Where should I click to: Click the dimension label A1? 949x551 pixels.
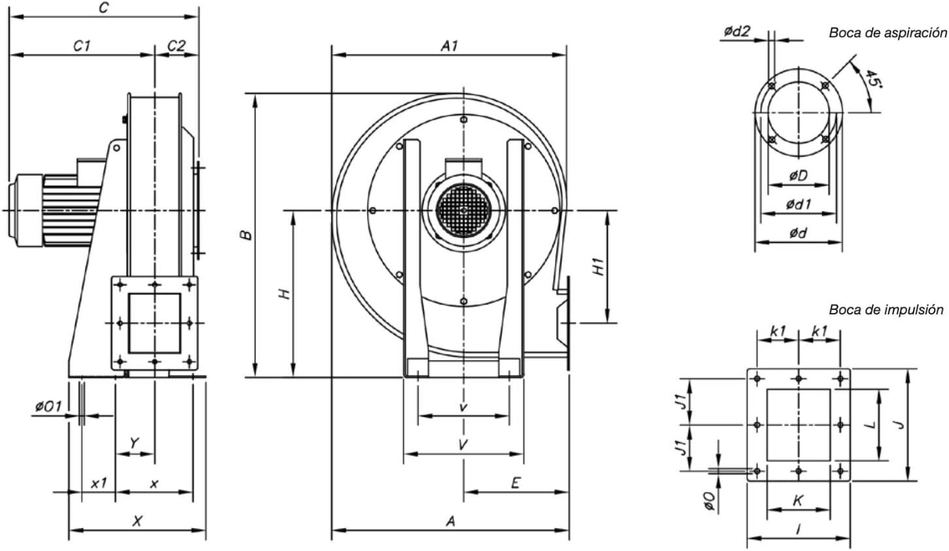(x=449, y=46)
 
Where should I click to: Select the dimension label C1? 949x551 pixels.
(x=81, y=46)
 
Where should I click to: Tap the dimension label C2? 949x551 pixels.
(x=176, y=46)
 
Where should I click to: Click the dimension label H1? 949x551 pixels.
(x=598, y=267)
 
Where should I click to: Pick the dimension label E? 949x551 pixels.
(x=515, y=483)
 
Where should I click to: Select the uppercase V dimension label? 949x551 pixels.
(x=463, y=445)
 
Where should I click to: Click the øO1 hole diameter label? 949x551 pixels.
(x=48, y=407)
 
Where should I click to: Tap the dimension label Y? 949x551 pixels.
(x=134, y=444)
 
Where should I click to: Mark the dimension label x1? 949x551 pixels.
(x=98, y=483)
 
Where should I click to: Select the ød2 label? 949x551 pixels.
(x=737, y=31)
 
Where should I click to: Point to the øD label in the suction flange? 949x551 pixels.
(x=798, y=176)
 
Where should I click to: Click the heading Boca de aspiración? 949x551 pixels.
(x=887, y=33)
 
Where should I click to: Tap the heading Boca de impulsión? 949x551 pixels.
(x=886, y=310)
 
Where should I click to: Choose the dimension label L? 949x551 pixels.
(x=869, y=425)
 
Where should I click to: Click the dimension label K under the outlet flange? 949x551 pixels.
(x=798, y=501)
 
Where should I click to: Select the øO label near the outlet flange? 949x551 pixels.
(x=708, y=501)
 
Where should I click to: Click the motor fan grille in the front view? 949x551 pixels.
(x=463, y=210)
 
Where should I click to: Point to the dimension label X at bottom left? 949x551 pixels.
(x=137, y=521)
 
